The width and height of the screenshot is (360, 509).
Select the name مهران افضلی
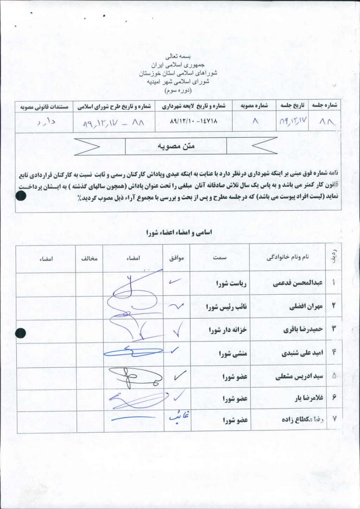[x=304, y=307]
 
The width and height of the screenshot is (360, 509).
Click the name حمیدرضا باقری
[x=302, y=330]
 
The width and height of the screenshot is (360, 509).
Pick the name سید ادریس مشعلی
[x=298, y=377]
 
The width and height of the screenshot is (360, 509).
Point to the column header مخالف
[x=90, y=258]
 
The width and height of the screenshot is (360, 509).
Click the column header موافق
[x=177, y=258]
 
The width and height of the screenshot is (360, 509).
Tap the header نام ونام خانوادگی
[x=288, y=257]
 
